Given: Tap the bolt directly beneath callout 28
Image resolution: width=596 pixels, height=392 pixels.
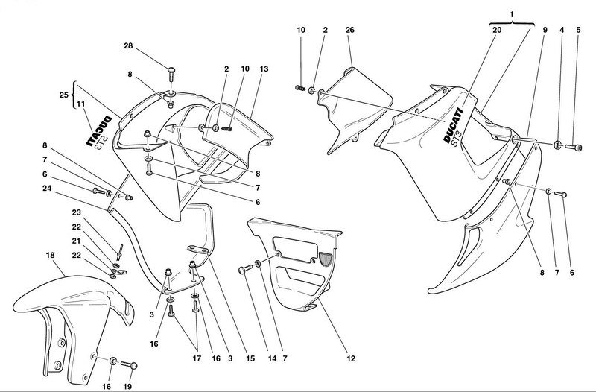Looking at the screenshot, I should point(172,74).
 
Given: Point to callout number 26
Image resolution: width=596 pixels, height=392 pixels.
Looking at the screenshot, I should point(350,30).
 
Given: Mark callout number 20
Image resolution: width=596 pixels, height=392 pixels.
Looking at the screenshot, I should point(497,30).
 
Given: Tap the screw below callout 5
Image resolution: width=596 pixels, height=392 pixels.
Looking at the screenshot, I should point(575,145).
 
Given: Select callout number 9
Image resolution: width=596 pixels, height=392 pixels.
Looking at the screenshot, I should point(545,30).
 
